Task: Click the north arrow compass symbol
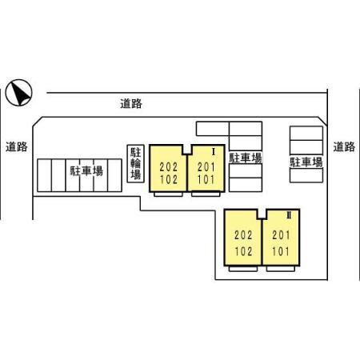[x=18, y=93]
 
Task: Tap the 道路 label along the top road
[x=131, y=103]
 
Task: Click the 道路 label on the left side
[x=17, y=146]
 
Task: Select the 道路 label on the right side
[x=344, y=146]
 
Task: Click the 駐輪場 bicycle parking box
[x=136, y=164]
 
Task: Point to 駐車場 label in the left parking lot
[x=86, y=171]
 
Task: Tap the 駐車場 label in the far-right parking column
[x=306, y=162]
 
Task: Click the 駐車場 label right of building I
[x=246, y=158]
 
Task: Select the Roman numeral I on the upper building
[x=214, y=152]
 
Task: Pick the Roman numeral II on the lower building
[x=289, y=215]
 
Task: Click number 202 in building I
[x=169, y=167]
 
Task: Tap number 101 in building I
[x=206, y=179]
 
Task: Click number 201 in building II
[x=281, y=235]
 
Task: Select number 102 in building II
[x=243, y=251]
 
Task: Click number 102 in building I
[x=169, y=179]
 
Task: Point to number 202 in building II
[x=243, y=235]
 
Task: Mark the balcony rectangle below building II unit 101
[x=281, y=269]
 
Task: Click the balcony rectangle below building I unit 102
[x=168, y=194]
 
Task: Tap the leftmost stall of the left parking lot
[x=44, y=175]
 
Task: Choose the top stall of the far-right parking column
[x=306, y=133]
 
